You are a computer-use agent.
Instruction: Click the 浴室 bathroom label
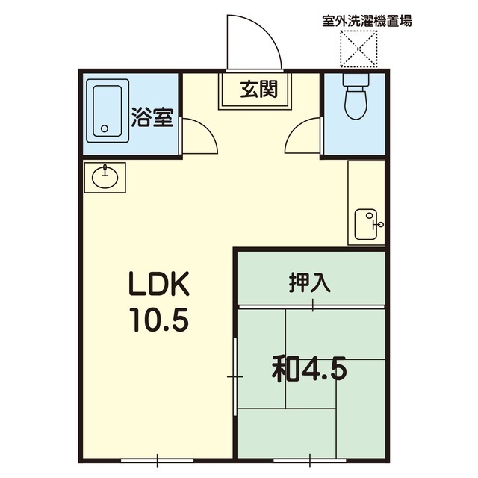152,118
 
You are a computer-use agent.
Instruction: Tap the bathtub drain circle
105,128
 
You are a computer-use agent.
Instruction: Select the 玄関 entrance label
259,89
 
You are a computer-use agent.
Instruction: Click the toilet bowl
356,102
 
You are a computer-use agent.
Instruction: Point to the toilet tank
356,80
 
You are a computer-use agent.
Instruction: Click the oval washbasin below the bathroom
105,178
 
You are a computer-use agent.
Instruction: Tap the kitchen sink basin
366,224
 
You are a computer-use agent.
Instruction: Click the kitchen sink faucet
378,224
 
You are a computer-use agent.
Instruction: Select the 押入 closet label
310,283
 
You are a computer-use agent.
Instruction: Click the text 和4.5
309,370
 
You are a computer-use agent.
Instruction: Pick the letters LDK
159,284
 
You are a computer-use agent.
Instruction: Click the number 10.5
159,319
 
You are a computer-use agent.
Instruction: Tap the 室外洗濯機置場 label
367,22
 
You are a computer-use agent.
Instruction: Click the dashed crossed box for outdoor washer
358,49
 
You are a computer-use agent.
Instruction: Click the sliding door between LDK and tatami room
235,376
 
